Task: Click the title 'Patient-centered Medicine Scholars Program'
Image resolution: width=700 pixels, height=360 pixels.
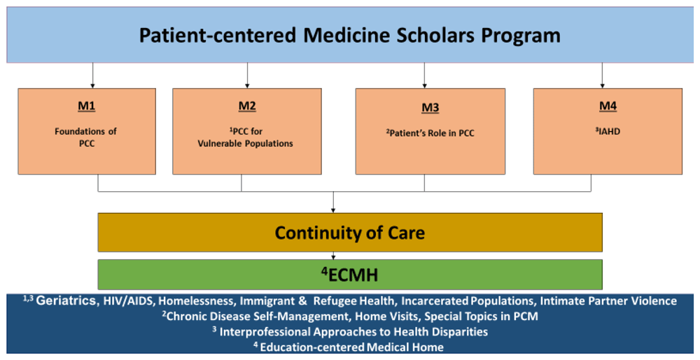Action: point(350,35)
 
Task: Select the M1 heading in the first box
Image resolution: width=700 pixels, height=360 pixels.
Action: point(87,106)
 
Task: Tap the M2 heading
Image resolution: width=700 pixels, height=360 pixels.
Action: point(246,106)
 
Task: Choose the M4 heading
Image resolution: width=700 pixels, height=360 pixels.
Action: point(608,106)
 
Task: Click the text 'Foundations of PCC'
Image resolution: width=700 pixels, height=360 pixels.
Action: point(87,137)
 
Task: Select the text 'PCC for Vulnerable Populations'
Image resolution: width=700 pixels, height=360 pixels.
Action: point(246,137)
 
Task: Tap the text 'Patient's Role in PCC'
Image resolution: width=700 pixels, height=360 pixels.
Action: point(430,133)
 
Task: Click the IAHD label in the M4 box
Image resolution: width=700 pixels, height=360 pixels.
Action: point(608,130)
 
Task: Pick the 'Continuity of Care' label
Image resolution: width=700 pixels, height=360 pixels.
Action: point(349,233)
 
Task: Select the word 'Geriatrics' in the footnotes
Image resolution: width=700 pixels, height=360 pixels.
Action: point(66,301)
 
